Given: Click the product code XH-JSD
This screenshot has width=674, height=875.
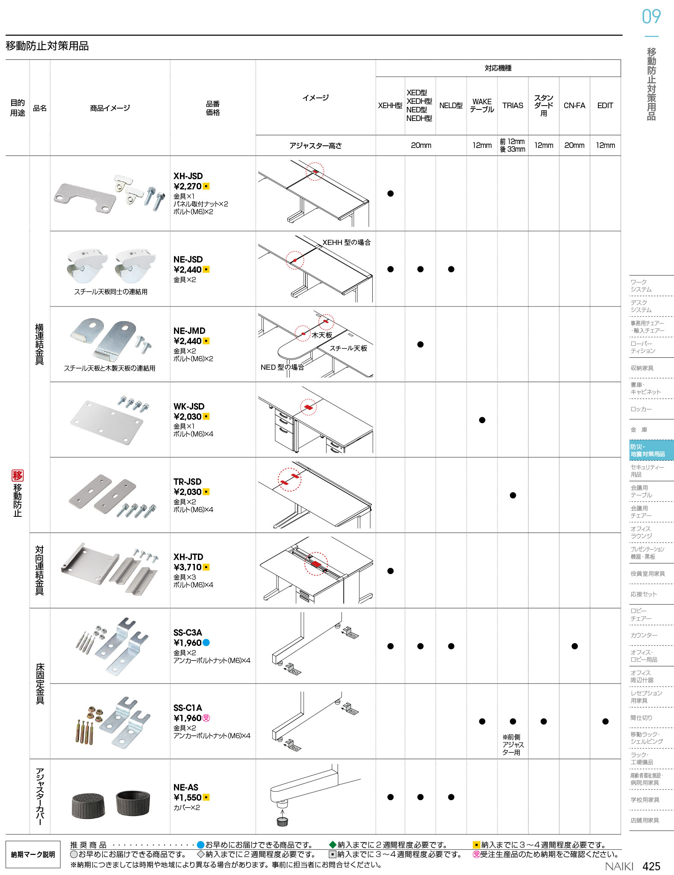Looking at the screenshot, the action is (188, 176).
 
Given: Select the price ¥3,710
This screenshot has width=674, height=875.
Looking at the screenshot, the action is (188, 567).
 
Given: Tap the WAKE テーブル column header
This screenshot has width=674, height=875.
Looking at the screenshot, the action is (482, 106).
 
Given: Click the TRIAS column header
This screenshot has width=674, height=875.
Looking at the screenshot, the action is (513, 106).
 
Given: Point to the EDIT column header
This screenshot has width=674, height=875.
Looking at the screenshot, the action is (605, 106).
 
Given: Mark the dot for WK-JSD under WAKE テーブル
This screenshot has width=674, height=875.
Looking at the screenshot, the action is (482, 420).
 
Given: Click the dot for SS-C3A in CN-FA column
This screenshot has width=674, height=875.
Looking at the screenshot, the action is (574, 646).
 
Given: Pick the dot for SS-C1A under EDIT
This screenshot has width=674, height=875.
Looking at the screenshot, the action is (605, 722).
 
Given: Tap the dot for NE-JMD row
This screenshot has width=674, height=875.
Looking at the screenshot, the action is (421, 345).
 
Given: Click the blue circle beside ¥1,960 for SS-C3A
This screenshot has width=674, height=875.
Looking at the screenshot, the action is (206, 642).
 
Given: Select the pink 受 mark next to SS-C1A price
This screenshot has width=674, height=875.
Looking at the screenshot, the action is (206, 718).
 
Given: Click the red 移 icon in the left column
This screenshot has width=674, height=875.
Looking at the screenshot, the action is (18, 475).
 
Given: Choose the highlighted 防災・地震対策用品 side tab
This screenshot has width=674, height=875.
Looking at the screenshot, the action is (651, 450).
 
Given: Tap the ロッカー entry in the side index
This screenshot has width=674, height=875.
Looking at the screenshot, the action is (641, 409).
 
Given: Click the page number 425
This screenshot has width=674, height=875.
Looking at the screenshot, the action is (651, 866).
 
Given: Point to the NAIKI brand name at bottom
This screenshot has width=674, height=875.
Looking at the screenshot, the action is (619, 866).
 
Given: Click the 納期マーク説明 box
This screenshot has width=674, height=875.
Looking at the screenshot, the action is (33, 854).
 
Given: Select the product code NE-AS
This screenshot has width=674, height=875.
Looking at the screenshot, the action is (186, 787).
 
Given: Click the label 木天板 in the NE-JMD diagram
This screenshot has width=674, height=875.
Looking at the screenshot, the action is (322, 335).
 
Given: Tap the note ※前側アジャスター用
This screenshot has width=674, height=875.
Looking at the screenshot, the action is (513, 745).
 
